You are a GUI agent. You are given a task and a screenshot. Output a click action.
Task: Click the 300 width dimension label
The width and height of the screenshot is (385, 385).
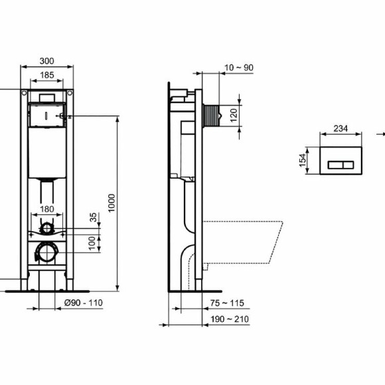tap(46, 61)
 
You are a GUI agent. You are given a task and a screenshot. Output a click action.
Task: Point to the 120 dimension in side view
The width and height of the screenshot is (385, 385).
tap(233, 114)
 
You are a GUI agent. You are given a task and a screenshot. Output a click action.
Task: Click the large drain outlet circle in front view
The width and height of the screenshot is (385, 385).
tap(46, 252)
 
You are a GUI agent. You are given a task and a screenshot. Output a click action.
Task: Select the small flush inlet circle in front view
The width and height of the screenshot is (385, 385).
tap(46, 229)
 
